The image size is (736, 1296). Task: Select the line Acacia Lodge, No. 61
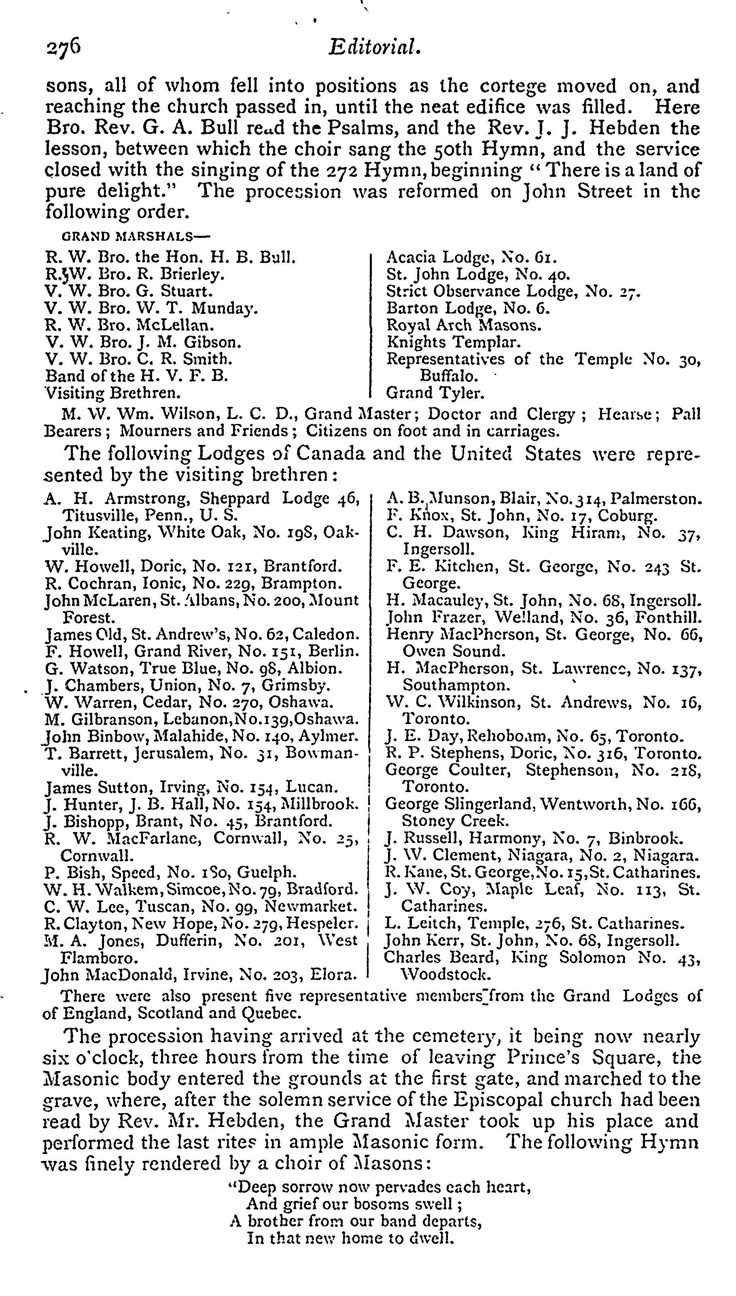tap(471, 257)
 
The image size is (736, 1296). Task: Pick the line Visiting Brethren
tap(113, 393)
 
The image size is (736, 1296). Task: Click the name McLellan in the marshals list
tap(176, 325)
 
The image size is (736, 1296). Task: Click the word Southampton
tap(456, 685)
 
